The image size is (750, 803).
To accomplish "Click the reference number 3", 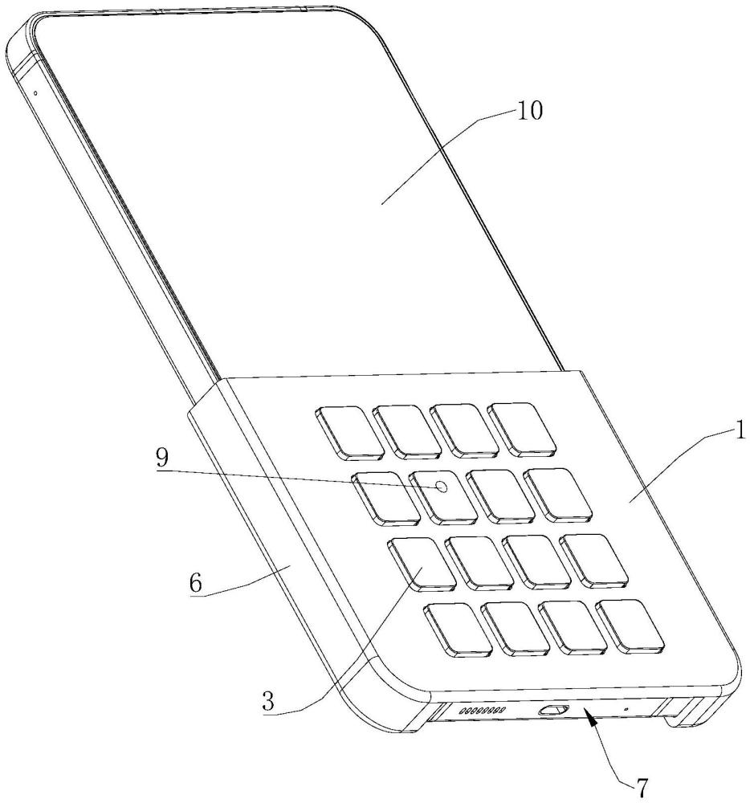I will coord(269,700).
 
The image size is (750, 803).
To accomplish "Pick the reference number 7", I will coord(642,788).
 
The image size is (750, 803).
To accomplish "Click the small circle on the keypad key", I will coord(441,487).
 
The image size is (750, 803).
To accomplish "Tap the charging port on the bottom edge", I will coord(553,710).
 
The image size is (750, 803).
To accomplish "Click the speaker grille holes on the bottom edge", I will coord(481,711).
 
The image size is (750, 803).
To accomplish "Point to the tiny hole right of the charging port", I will coord(626,710).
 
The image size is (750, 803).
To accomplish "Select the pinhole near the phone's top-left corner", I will coord(35,92).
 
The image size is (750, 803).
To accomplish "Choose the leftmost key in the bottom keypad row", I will coord(458,629).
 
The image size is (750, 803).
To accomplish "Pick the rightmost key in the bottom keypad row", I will coord(634,624).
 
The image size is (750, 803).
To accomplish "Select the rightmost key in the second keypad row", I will coord(557,492).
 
